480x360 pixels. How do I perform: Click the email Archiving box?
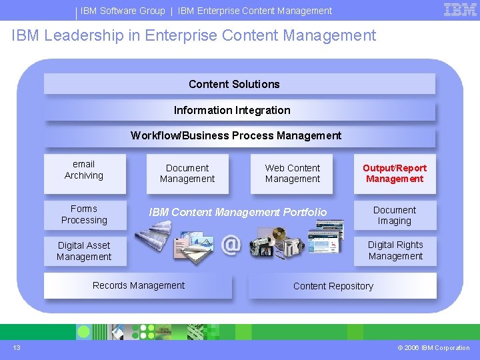tap(84, 170)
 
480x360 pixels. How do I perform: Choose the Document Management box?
tap(187, 173)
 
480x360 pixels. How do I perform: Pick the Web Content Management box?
tap(293, 173)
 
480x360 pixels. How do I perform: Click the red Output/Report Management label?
tap(395, 173)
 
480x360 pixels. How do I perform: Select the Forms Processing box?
tap(84, 215)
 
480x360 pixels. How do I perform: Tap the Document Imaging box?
tap(395, 215)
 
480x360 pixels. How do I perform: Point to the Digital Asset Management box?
tap(84, 251)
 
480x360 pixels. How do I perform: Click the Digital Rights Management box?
tap(395, 251)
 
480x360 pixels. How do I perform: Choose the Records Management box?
tap(139, 285)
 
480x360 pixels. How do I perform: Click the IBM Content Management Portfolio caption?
tap(238, 212)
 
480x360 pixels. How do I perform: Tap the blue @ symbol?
tap(231, 245)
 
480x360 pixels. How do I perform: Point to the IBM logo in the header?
tap(460, 10)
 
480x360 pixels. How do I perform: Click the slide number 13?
tap(16, 347)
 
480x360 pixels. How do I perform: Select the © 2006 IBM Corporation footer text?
tap(433, 348)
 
